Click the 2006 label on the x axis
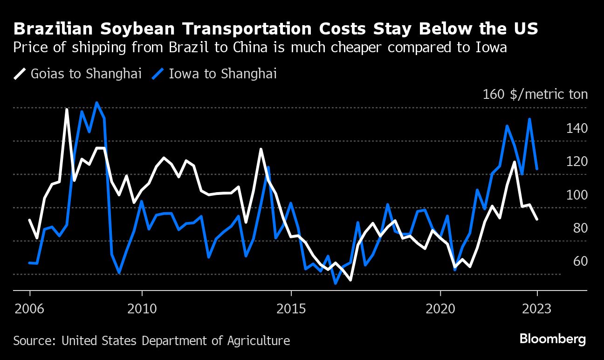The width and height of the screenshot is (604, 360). (30, 309)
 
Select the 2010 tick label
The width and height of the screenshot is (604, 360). (142, 309)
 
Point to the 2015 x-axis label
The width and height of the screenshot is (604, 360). (291, 309)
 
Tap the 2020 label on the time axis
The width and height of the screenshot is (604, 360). (440, 309)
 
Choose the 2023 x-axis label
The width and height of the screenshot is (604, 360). (537, 309)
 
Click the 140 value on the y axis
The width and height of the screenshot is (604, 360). (577, 128)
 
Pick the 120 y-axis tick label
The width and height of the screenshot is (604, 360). (577, 161)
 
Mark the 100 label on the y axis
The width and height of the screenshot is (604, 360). (577, 195)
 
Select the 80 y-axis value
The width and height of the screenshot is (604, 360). (580, 228)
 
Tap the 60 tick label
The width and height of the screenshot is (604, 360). (580, 261)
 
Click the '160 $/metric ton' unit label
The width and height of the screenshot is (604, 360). (535, 95)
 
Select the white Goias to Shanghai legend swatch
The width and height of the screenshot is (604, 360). (20, 74)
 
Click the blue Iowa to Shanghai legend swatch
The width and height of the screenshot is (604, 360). (159, 74)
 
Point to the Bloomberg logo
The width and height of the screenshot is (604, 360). (552, 339)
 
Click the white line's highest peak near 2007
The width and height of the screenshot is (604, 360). (67, 110)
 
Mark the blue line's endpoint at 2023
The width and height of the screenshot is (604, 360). (537, 169)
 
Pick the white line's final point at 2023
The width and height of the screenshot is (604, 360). (537, 219)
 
